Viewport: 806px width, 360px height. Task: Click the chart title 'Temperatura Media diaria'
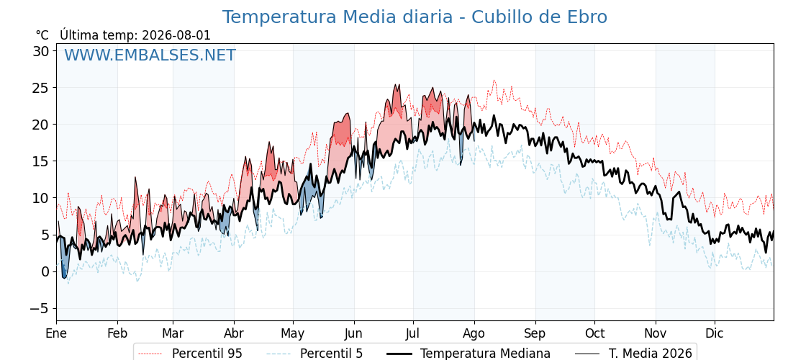click(338, 17)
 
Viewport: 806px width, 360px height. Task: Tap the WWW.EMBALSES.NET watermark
click(150, 55)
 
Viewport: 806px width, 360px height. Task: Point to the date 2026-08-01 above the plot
click(176, 35)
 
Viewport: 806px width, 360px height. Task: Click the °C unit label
click(42, 35)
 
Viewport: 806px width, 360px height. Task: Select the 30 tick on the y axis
click(42, 51)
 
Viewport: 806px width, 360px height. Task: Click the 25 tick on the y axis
click(42, 88)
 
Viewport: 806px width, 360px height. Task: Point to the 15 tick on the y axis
click(42, 161)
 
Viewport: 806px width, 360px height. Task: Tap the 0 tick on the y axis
click(45, 271)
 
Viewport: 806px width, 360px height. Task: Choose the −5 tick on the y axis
click(38, 309)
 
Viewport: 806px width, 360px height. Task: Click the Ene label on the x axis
click(56, 333)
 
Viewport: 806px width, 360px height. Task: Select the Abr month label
click(234, 333)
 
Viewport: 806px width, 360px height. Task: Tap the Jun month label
click(353, 333)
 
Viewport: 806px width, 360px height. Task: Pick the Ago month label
click(474, 333)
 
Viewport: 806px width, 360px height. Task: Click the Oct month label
click(594, 333)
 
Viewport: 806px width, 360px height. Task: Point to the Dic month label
click(715, 333)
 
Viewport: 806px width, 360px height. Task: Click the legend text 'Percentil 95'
click(207, 354)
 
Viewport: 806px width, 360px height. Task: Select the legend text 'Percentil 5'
click(331, 354)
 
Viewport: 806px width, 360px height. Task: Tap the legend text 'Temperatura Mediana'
click(485, 354)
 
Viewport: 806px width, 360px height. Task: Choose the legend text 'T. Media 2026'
click(651, 354)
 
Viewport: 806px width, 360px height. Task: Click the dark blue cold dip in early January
click(64, 260)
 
